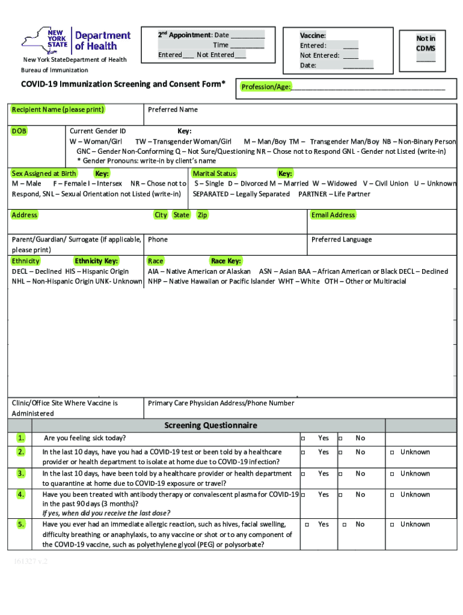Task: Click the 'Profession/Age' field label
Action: click(266, 87)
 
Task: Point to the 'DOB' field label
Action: click(19, 131)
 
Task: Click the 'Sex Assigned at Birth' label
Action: click(44, 174)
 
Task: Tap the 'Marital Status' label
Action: click(214, 174)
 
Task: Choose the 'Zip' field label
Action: click(202, 215)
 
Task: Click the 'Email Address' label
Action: click(333, 215)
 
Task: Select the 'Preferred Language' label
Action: click(342, 239)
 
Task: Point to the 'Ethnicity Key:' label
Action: click(96, 261)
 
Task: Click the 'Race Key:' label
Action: click(226, 261)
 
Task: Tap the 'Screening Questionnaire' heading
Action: click(210, 425)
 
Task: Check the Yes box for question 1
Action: click(303, 438)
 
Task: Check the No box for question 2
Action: click(340, 452)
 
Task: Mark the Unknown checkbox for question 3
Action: click(391, 474)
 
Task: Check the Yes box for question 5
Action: click(307, 525)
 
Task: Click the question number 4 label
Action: click(21, 494)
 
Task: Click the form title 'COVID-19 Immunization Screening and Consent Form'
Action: click(123, 84)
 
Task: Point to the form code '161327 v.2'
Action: click(32, 562)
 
